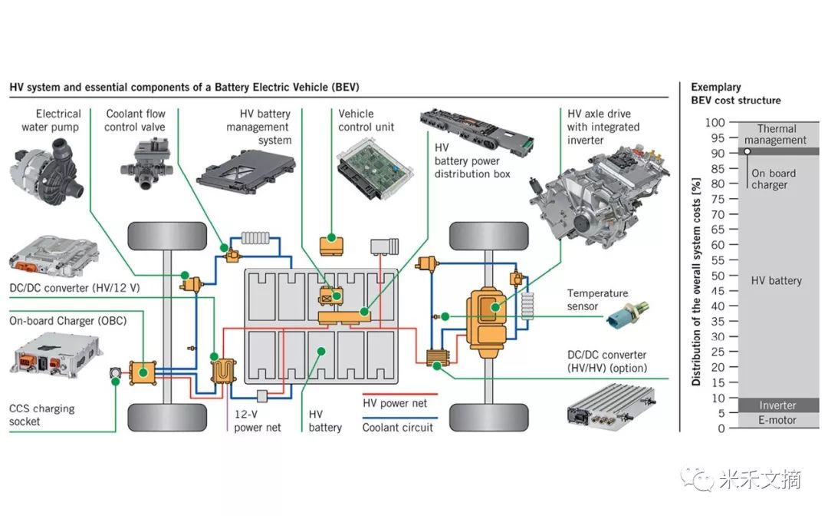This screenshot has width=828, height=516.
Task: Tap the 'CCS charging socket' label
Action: (x=42, y=415)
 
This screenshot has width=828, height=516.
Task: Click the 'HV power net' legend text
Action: (x=395, y=402)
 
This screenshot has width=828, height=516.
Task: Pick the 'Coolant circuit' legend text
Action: (x=398, y=428)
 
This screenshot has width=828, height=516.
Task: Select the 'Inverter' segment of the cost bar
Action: (x=777, y=405)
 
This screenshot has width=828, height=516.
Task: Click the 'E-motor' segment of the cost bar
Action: (x=777, y=421)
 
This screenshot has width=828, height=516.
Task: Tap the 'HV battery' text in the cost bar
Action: (x=776, y=281)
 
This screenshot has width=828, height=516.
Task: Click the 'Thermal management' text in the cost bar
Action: (x=776, y=134)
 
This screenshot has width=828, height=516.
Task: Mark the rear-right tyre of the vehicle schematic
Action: (x=488, y=417)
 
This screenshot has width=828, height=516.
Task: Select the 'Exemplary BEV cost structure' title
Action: (x=735, y=94)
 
